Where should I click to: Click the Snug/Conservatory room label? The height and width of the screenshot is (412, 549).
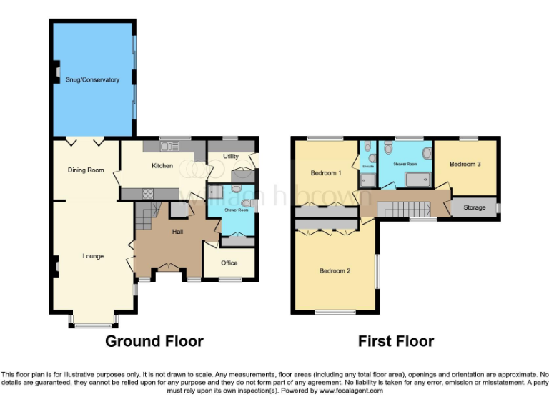pos(92,79)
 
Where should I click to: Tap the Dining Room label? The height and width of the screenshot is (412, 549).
pos(86,170)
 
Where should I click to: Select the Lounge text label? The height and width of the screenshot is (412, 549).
pos(93,256)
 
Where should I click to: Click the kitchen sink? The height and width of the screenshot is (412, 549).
pos(169,147)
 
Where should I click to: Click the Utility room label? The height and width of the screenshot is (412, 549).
pos(230,156)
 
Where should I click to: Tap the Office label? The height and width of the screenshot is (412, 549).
pos(229,263)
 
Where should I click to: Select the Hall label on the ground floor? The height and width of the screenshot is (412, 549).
pos(179,232)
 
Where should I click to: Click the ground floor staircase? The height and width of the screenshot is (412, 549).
pos(147,214)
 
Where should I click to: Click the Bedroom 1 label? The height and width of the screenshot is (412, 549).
pos(325,173)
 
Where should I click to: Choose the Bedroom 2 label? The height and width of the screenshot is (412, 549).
pos(334,270)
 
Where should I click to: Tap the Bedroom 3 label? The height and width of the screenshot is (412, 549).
pos(465,164)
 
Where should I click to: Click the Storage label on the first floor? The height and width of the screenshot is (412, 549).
pos(474,207)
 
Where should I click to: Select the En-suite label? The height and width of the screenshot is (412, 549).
pos(367,167)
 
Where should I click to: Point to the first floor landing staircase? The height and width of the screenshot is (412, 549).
pos(405,210)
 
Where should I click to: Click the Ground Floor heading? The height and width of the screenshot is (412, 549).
pos(154,341)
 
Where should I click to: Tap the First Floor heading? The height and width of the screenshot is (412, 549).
pos(395,341)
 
